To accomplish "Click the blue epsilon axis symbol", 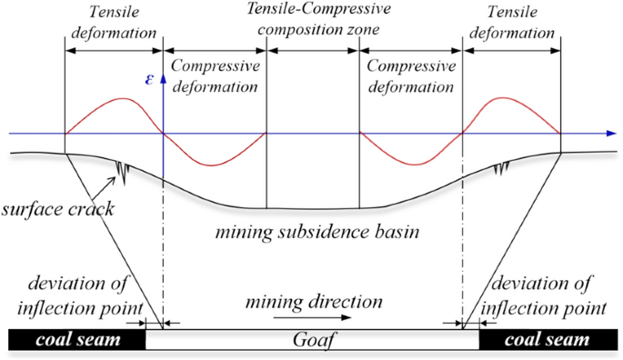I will click(x=151, y=79).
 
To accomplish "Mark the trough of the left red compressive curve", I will click(x=213, y=165).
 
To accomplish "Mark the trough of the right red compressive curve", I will click(x=413, y=165).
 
